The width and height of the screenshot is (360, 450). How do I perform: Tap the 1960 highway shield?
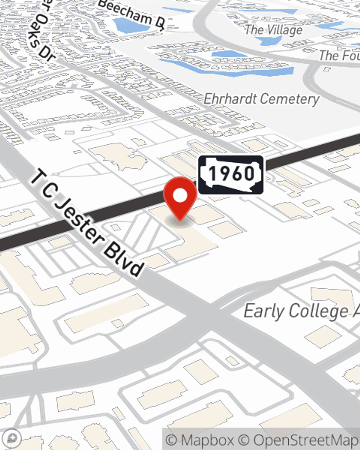(x=231, y=175)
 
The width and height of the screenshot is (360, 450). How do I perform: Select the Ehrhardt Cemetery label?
(x=261, y=99)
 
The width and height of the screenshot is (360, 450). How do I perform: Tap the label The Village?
(x=274, y=30)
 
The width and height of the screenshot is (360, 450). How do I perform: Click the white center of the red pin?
(x=180, y=196)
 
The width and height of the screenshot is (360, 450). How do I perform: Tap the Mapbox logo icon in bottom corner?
(x=12, y=438)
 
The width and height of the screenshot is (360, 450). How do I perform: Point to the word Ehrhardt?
(x=230, y=98)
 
